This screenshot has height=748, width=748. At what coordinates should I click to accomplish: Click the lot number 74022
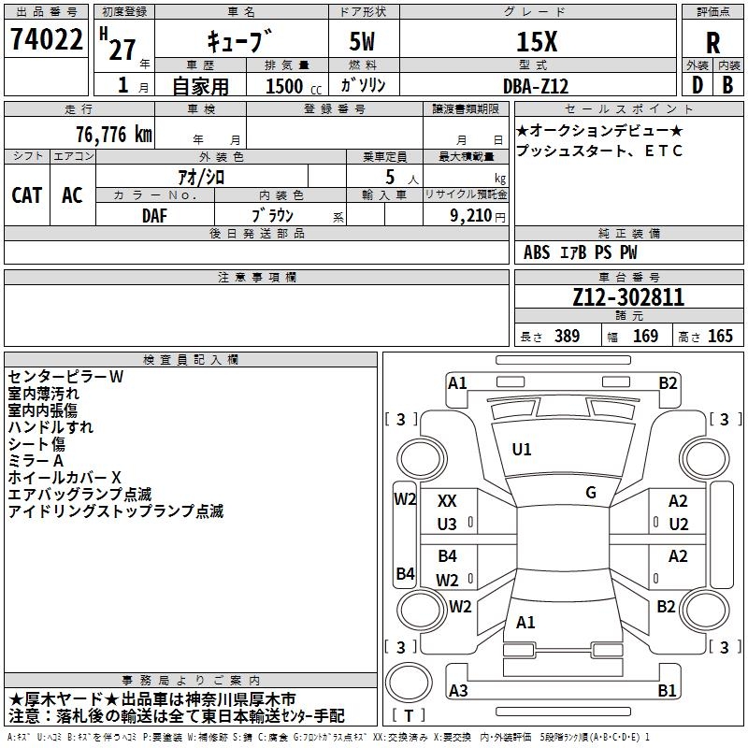click(46, 39)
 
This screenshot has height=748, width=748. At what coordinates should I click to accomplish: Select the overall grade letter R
click(712, 43)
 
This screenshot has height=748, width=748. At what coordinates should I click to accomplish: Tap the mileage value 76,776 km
click(114, 135)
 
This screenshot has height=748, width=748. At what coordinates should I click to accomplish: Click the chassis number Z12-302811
click(628, 297)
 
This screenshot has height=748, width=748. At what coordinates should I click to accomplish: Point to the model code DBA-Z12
click(536, 86)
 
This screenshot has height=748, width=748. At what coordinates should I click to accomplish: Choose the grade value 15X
click(537, 41)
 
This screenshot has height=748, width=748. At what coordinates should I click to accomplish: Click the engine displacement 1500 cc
click(294, 86)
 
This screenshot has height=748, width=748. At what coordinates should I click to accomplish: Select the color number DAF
click(154, 216)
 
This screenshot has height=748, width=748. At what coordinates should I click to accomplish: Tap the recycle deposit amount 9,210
click(471, 216)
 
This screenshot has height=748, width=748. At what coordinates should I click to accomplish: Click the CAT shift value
click(27, 195)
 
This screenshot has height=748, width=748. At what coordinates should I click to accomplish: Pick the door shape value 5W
click(362, 41)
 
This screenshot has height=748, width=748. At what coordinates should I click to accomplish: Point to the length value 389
click(567, 336)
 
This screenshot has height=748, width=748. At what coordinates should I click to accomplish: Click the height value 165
click(720, 336)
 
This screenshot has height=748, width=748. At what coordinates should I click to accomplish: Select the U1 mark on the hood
click(522, 450)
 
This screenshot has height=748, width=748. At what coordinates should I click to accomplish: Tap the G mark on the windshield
click(591, 493)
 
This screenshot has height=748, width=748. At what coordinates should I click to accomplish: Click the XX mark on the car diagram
click(447, 501)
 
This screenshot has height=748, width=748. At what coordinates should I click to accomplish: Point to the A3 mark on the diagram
click(458, 690)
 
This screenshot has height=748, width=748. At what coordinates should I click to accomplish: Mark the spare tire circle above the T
click(409, 683)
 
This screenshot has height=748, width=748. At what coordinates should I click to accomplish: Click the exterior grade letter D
click(698, 85)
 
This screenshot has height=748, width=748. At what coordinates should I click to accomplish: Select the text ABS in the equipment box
click(537, 252)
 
